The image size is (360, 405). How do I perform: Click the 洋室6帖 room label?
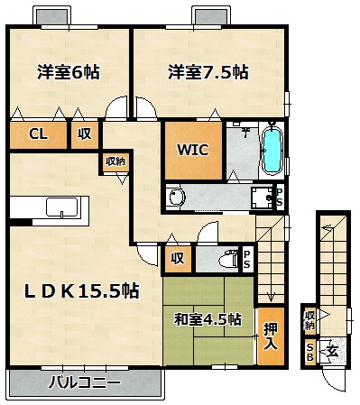[x=69, y=72]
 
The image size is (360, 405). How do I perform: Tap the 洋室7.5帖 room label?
[x=208, y=72]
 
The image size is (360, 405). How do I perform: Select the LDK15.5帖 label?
[x=82, y=291]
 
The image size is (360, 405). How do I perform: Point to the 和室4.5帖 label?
[x=208, y=319]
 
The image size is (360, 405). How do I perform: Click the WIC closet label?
[x=193, y=150]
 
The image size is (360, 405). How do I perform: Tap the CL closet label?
[x=38, y=134]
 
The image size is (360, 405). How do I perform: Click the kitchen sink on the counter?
[x=62, y=207]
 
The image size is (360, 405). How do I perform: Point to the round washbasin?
[x=176, y=198]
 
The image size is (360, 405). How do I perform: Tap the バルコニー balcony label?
[x=85, y=382]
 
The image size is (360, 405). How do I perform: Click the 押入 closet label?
[x=271, y=336]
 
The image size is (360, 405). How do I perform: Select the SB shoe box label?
[x=309, y=353]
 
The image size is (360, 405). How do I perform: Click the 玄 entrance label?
[x=332, y=352]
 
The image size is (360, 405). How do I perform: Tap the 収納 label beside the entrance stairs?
[x=309, y=320]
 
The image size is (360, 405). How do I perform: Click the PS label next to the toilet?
[x=247, y=259]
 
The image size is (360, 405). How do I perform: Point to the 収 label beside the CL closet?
[x=85, y=133]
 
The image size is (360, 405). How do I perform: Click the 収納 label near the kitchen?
[x=115, y=161]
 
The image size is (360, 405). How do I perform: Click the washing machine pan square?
[x=263, y=198]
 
